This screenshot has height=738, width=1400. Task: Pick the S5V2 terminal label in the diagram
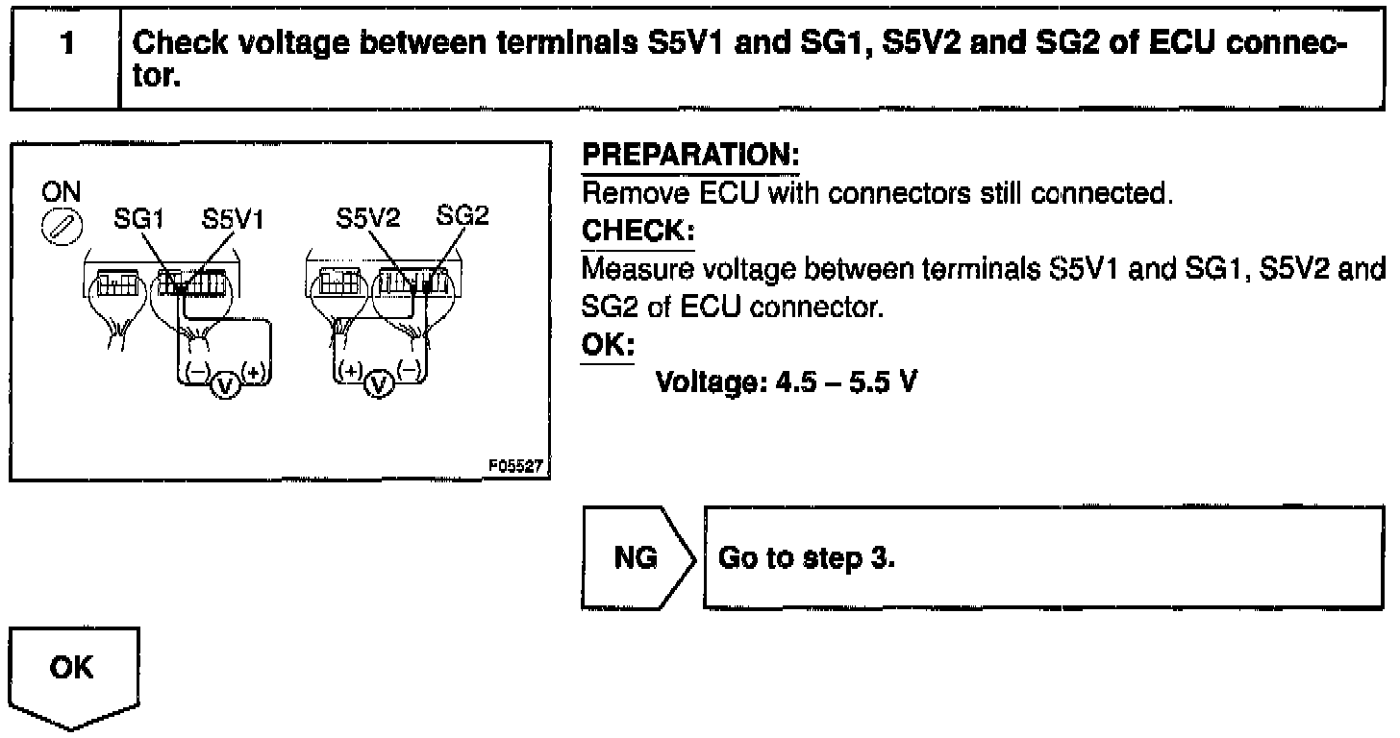[x=367, y=218]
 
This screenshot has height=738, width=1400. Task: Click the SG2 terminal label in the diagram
[x=462, y=216]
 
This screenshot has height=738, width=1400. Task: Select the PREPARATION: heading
[x=691, y=155]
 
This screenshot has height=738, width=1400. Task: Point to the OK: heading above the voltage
[x=608, y=344]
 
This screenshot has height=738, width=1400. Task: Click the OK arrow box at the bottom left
[x=74, y=673]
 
